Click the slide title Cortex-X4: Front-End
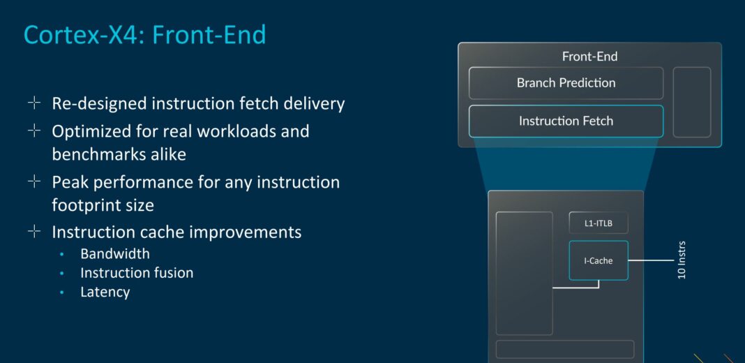[145, 35]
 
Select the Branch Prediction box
[566, 83]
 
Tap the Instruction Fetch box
[566, 121]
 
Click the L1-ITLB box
[599, 223]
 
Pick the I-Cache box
[599, 260]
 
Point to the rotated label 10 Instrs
[682, 260]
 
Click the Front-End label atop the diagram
[589, 57]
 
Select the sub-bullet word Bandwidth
[115, 253]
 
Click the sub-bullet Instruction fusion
[137, 273]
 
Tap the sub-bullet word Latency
[105, 292]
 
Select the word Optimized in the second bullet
[91, 131]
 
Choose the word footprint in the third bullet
[82, 206]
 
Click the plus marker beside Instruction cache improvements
[34, 231]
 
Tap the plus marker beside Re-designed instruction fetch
[34, 103]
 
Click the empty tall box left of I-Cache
[524, 273]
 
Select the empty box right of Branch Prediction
[691, 102]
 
